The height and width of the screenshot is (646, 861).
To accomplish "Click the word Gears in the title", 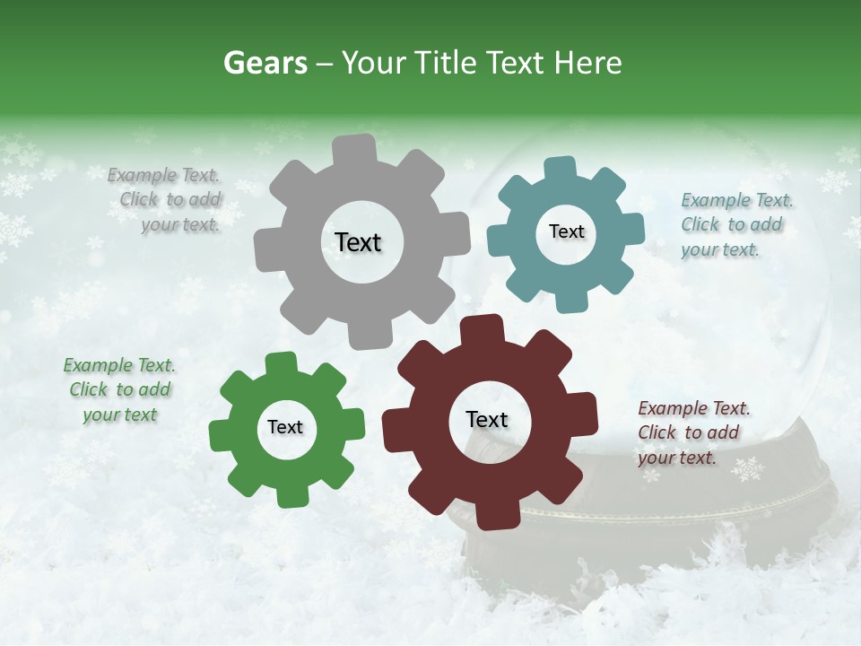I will tap(265, 63).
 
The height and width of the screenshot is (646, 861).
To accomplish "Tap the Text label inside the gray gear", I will tap(358, 242).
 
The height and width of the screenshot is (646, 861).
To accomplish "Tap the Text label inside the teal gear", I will tap(566, 231).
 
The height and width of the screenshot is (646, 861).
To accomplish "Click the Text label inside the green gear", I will tap(285, 427).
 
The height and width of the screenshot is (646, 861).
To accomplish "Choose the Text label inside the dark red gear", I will tap(487, 419).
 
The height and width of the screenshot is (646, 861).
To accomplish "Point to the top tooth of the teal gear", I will tap(560, 170).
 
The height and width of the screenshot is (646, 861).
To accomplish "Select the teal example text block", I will tap(735, 224).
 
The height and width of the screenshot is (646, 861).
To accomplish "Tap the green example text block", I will tap(119, 389).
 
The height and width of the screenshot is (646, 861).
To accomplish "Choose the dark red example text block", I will tap(692, 432).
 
